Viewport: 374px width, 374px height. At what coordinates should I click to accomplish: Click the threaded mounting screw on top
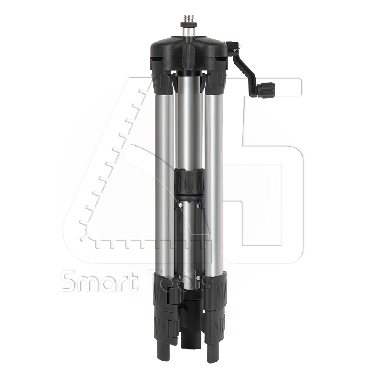point(188,18)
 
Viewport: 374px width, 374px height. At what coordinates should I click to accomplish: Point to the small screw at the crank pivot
point(235,50)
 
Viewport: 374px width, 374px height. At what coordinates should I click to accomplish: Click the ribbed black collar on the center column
point(189,181)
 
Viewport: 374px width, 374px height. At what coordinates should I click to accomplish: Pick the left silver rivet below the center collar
point(181,205)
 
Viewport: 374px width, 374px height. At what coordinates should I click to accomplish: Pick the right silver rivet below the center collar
point(198,205)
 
